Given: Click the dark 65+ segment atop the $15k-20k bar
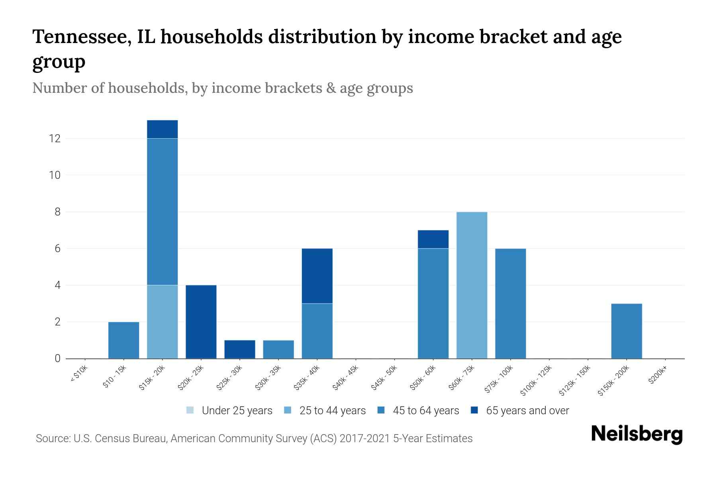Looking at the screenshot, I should click(162, 129).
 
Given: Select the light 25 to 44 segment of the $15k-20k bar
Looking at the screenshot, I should click(162, 322).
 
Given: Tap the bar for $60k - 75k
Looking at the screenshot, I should click(472, 285).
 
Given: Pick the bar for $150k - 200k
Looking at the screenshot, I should click(626, 331).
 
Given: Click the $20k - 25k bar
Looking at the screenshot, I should click(201, 322).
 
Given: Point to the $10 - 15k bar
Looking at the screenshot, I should click(123, 340).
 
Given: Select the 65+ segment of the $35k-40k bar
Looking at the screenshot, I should click(317, 276).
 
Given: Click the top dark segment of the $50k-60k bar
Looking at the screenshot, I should click(433, 239).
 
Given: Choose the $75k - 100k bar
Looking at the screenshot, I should click(510, 304).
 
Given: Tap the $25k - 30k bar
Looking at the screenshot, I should click(239, 349).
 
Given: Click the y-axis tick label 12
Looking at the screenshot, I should click(54, 139).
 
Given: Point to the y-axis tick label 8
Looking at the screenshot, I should click(57, 212).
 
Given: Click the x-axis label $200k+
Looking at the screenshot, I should click(658, 375).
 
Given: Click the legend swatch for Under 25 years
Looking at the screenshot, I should click(190, 410).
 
